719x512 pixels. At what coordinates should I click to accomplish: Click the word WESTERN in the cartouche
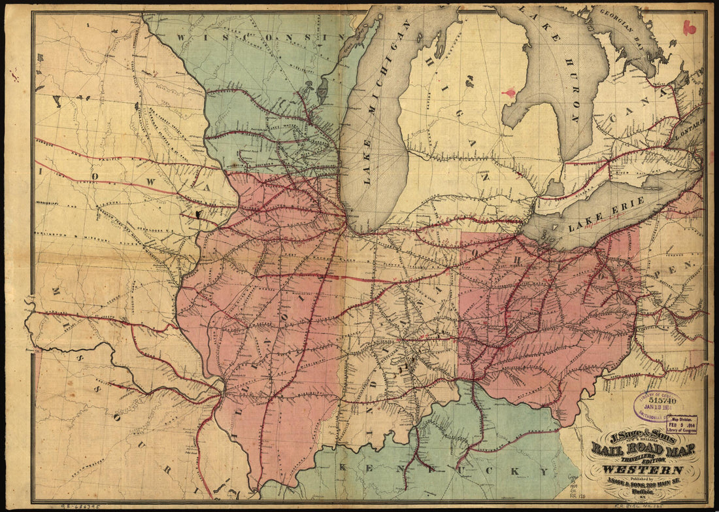coord(643,469)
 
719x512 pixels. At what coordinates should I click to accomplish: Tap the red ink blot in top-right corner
coord(688,27)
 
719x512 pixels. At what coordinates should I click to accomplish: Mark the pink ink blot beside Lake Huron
coord(509,94)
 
